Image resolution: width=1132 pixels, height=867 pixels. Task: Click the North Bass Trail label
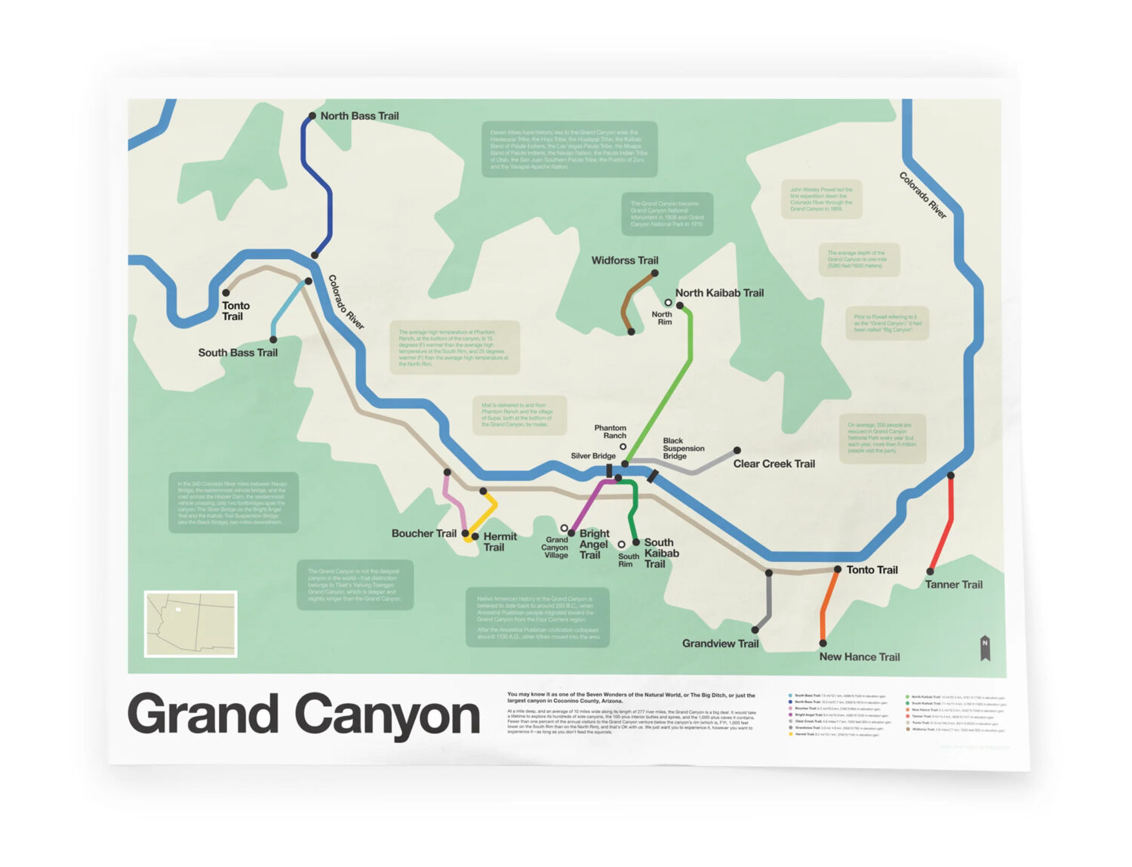click(x=359, y=116)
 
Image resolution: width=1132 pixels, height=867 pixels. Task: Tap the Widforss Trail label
click(x=624, y=261)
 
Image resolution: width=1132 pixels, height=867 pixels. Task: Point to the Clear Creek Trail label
click(x=774, y=464)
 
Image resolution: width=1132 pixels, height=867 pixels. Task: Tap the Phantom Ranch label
click(x=610, y=431)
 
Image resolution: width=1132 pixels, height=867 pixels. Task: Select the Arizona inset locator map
click(x=191, y=624)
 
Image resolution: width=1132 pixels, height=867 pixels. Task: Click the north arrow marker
click(x=985, y=647)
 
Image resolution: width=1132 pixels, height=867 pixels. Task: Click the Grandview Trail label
click(x=720, y=643)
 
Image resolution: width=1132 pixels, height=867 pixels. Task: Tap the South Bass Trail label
click(x=238, y=353)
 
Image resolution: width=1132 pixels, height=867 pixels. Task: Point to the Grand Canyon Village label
click(x=555, y=548)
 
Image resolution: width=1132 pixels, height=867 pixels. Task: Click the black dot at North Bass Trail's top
click(x=312, y=116)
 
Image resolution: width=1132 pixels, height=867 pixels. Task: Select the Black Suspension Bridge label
click(x=682, y=448)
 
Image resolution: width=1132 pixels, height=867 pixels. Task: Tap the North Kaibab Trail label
click(x=719, y=293)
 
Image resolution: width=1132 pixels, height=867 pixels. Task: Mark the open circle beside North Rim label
click(x=668, y=303)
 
